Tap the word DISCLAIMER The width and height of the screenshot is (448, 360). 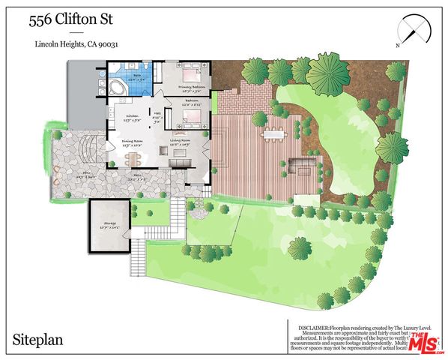pyautogui.click(x=319, y=328)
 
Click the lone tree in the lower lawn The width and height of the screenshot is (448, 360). pyautogui.click(x=300, y=247)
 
